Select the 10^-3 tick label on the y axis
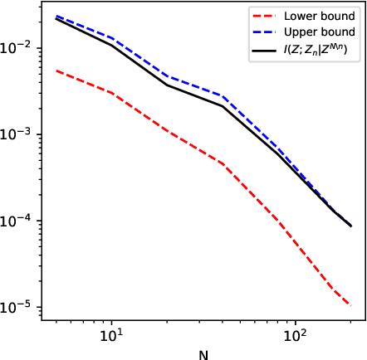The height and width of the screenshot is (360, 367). click(x=20, y=134)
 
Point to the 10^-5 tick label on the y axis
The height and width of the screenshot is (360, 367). click(x=20, y=307)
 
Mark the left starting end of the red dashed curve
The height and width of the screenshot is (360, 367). click(x=55, y=71)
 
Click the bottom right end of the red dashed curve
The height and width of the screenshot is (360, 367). click(x=350, y=305)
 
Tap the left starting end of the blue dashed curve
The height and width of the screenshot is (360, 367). click(x=55, y=16)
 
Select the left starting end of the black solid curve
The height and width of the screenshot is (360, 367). click(x=55, y=18)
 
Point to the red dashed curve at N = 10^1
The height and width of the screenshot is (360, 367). click(x=110, y=93)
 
